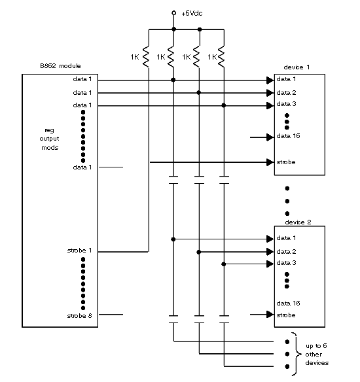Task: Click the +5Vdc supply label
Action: (x=192, y=13)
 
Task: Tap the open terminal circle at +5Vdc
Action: (x=174, y=13)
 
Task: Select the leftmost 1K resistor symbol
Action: (x=146, y=57)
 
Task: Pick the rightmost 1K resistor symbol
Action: (x=221, y=57)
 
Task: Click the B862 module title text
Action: (x=60, y=66)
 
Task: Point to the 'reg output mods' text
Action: (x=50, y=139)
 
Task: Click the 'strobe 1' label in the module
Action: (x=79, y=251)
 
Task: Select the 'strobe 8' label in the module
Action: (x=79, y=316)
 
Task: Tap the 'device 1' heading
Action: (x=297, y=67)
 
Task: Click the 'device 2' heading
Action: (x=298, y=222)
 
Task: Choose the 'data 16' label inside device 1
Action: (x=288, y=136)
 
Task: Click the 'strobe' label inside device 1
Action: (x=286, y=162)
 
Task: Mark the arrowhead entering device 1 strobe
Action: (x=270, y=162)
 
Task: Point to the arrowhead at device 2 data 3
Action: (x=270, y=264)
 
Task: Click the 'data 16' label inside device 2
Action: (x=288, y=304)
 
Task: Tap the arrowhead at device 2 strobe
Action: (x=270, y=315)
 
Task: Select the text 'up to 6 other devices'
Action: (x=317, y=355)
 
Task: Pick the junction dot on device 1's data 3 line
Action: (x=223, y=105)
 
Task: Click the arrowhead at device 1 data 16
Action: (x=270, y=137)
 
